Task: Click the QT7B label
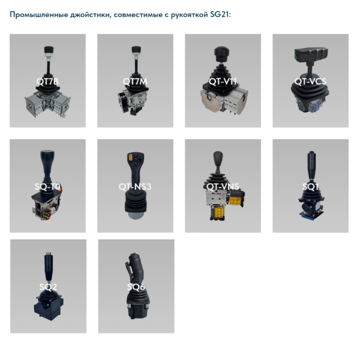[x=47, y=80]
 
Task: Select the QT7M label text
[x=135, y=80]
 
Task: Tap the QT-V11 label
[x=223, y=80]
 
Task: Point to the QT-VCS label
[x=310, y=80]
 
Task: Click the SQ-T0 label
[x=47, y=187]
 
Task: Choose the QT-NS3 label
[x=135, y=187]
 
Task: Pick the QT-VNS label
[x=223, y=187]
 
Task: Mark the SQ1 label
[x=310, y=187]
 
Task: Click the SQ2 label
[x=47, y=287]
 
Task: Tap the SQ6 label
[x=136, y=287]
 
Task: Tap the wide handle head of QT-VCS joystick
[x=313, y=55]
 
